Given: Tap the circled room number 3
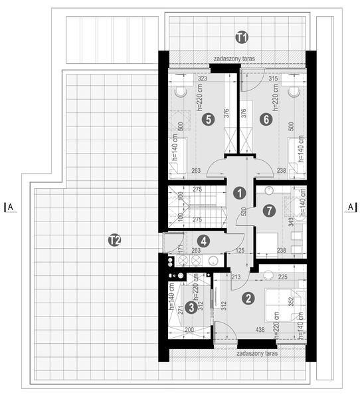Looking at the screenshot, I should (x=191, y=307).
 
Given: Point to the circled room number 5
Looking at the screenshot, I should (x=208, y=119).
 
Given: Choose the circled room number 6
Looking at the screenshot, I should (x=266, y=119).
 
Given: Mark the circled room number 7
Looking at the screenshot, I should (x=268, y=211).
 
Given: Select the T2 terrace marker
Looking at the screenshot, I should (x=114, y=240).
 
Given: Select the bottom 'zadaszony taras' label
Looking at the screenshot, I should (x=255, y=354).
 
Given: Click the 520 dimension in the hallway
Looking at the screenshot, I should (x=244, y=213).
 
